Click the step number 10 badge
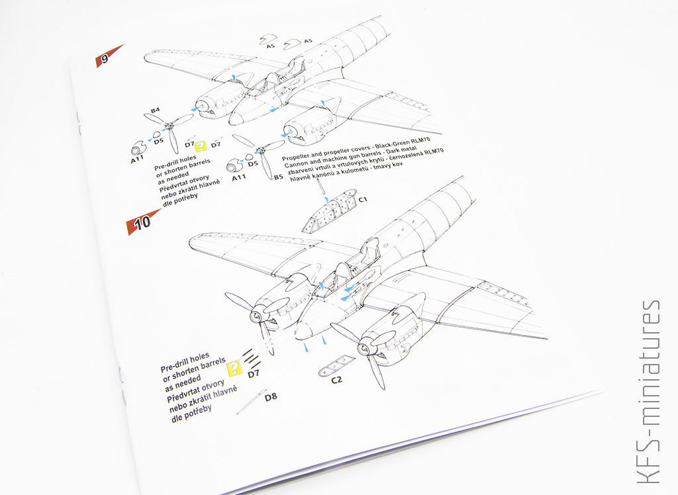tap(142, 222)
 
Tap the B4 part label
tap(155, 111)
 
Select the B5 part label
tap(278, 177)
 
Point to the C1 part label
tap(363, 199)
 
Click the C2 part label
tap(336, 380)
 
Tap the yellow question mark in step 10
tap(234, 368)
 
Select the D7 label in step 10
tap(254, 373)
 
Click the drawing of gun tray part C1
tap(330, 210)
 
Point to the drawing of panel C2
tap(336, 366)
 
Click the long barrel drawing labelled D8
tap(251, 402)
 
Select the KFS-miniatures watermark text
tap(650, 391)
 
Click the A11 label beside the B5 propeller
tap(238, 177)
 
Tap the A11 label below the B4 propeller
tap(137, 159)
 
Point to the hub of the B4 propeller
tap(169, 127)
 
